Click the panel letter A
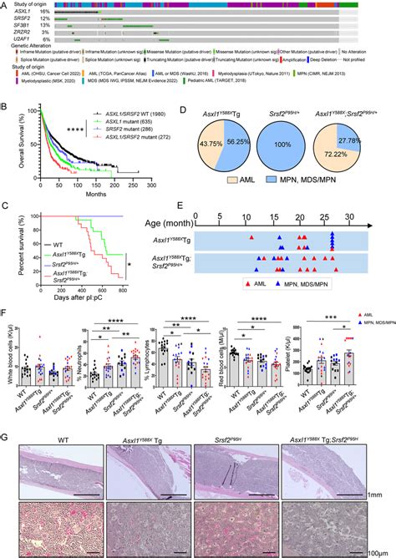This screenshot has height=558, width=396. (6, 5)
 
